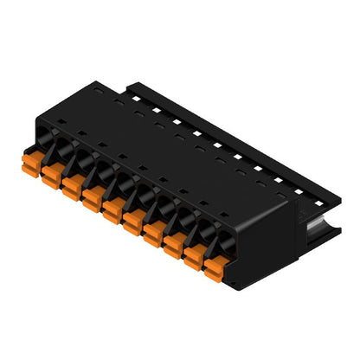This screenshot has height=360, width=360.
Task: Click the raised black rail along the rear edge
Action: click(x=225, y=130)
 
